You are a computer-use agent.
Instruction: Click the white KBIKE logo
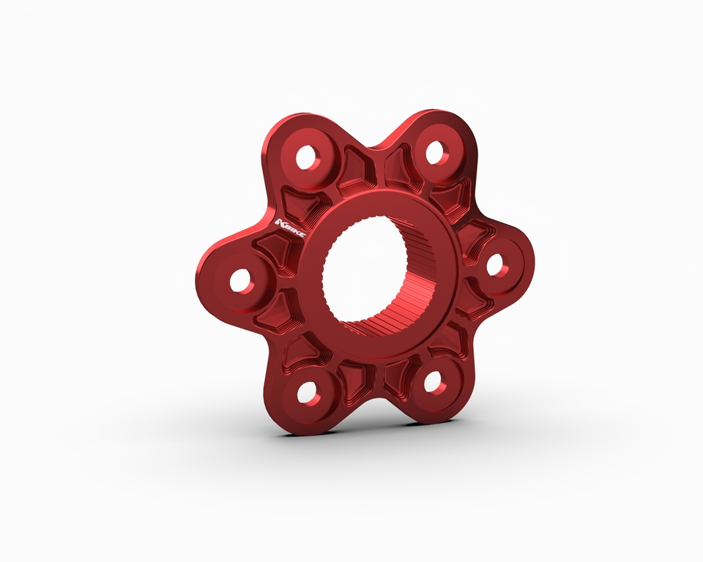click(x=292, y=224)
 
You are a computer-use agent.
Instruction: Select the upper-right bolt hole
click(x=435, y=152)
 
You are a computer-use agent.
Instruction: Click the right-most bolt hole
click(x=496, y=265)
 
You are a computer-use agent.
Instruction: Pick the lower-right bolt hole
click(x=434, y=380)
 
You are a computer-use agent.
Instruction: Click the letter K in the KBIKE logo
click(x=282, y=221)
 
